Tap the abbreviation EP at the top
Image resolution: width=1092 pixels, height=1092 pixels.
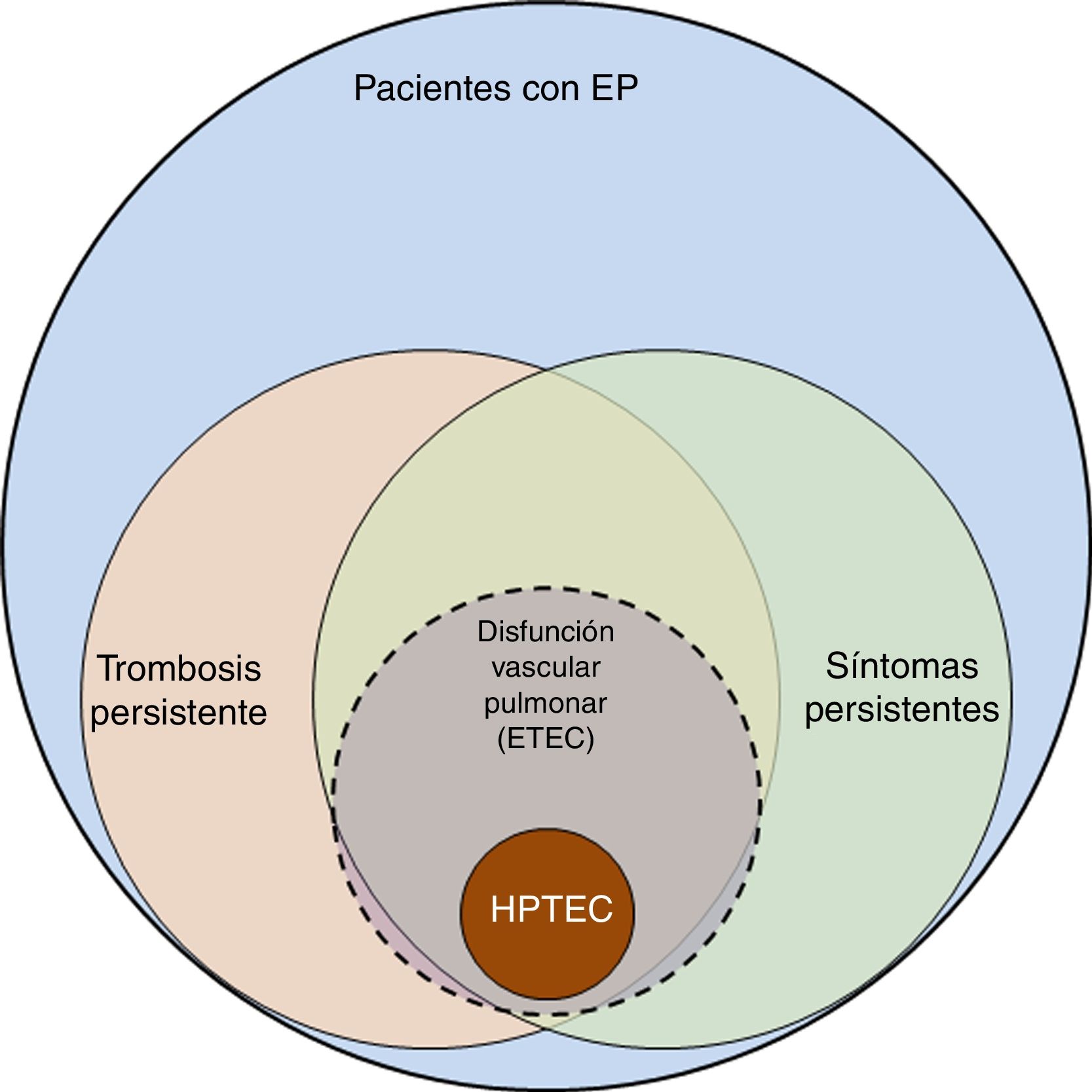614,88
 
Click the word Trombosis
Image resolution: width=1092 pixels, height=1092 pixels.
179,669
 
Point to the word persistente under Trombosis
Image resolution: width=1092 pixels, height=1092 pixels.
179,713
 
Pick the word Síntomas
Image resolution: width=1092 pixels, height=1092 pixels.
902,666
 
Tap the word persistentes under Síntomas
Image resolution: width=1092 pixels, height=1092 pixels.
902,709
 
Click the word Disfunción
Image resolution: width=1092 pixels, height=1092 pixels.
546,632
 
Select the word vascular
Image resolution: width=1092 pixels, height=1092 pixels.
546,668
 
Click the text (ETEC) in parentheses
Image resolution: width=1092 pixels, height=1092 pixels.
546,739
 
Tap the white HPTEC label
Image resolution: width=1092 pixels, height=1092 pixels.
552,909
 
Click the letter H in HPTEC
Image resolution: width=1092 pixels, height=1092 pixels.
502,909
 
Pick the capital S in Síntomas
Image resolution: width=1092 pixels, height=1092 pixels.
836,666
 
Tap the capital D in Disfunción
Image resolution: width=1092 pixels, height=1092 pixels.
485,632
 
